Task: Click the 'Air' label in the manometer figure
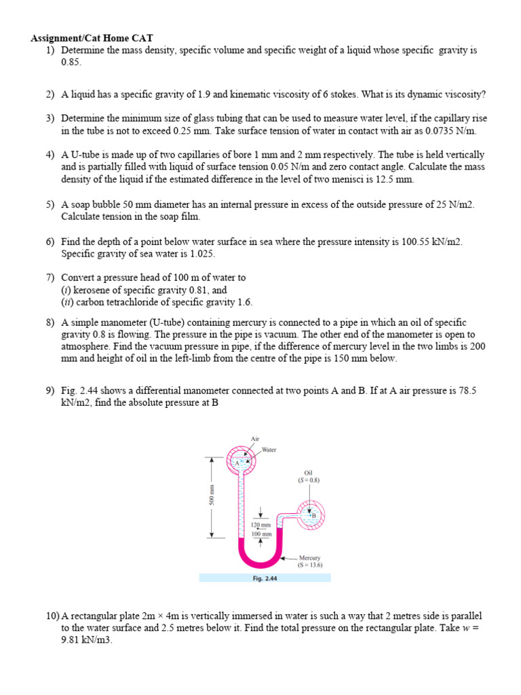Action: [x=255, y=438]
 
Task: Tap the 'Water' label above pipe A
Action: [x=269, y=450]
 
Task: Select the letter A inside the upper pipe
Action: [x=237, y=463]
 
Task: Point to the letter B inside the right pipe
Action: [x=313, y=516]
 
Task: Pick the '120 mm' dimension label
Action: [x=261, y=525]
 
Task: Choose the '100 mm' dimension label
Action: [x=261, y=534]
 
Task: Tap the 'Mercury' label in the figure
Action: [x=310, y=557]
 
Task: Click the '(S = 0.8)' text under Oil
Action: [x=309, y=480]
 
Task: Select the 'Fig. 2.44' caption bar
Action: [x=265, y=578]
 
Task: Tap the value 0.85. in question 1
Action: [x=71, y=62]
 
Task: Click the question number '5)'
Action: [x=51, y=204]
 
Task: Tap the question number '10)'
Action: [x=53, y=616]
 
